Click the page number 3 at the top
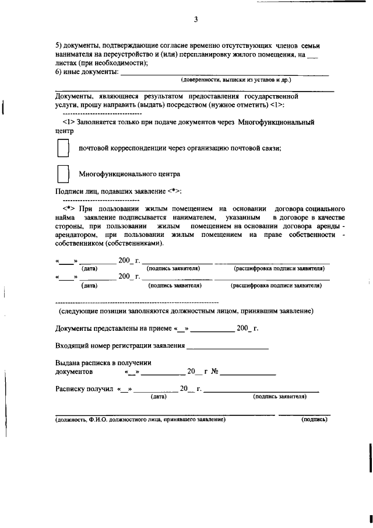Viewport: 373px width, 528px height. [196, 19]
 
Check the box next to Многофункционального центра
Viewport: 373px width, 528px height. [63, 174]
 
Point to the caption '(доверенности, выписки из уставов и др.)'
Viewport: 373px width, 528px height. [235, 79]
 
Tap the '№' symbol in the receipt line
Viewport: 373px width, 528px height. [214, 371]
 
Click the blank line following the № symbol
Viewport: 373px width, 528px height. [248, 372]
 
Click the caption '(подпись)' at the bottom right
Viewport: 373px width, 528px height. [314, 419]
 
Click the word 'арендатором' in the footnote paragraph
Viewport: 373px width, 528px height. [79, 235]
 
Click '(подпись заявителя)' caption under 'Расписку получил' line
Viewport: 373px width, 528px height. [279, 396]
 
